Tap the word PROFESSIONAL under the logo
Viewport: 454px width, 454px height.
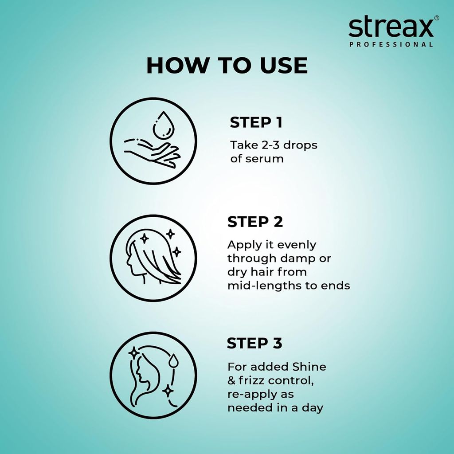tap(391, 44)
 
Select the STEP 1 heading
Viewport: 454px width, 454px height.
tap(256, 123)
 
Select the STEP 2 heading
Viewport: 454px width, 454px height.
tap(255, 222)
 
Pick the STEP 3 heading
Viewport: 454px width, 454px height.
tap(254, 343)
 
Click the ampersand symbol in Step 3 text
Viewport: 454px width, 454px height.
tap(231, 380)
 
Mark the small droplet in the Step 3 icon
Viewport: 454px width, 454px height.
tap(173, 361)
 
